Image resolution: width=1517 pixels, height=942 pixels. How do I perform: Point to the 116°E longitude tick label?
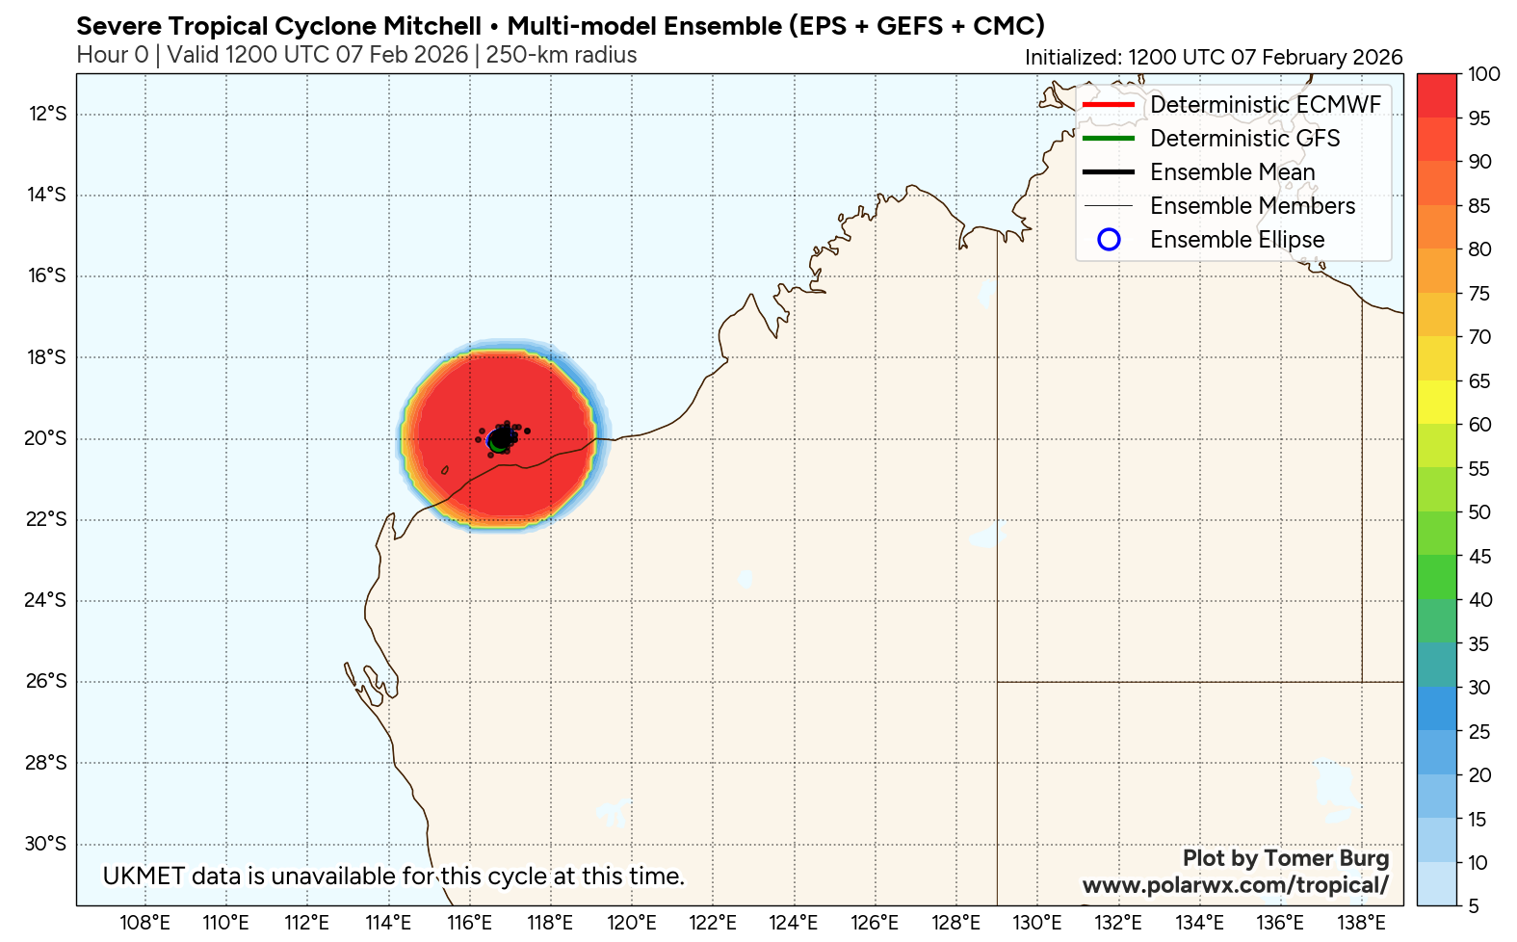470,923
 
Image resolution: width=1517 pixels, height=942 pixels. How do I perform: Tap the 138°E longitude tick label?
1361,923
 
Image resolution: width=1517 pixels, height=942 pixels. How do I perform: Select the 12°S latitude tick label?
47,115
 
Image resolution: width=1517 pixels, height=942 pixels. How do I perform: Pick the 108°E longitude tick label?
144,923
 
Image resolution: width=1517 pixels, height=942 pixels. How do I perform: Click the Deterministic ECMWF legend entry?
1265,105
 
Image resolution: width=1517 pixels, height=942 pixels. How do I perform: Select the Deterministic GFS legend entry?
1244,139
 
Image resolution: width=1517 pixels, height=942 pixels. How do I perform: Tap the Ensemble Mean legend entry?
1232,172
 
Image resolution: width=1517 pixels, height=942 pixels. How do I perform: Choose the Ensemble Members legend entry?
1252,206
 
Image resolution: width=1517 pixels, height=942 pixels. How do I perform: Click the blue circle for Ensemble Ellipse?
1110,240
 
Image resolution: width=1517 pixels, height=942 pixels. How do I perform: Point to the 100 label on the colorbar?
1484,74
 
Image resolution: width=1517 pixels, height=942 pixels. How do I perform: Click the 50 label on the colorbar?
1479,512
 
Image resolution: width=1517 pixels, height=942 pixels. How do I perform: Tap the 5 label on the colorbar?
1474,906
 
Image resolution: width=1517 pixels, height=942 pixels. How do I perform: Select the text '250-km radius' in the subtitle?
562,55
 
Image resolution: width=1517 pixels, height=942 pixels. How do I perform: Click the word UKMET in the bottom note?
144,877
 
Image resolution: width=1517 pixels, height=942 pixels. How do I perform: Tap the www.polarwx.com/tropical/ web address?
1236,885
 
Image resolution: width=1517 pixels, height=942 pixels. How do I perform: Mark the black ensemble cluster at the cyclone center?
502,437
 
